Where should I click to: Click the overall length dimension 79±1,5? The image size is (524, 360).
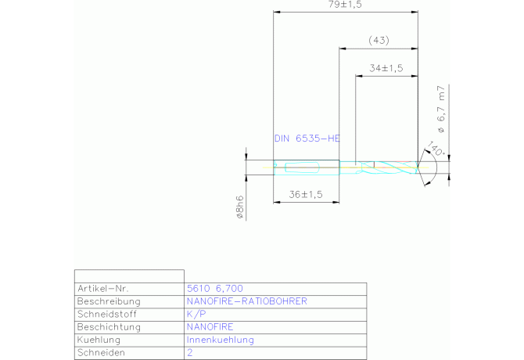(x=345, y=5)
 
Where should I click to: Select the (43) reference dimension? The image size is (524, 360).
(x=379, y=41)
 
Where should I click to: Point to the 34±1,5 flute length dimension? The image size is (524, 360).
(x=386, y=68)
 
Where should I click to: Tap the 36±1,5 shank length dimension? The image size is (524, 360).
(x=306, y=194)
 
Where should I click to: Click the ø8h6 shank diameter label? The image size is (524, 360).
(x=240, y=207)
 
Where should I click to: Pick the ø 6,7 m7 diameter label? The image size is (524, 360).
(x=441, y=109)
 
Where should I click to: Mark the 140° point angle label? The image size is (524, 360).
(x=436, y=149)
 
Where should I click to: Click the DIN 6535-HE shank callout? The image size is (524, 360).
(x=307, y=139)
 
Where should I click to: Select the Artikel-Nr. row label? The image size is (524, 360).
(x=103, y=289)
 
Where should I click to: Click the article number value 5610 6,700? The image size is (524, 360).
(x=215, y=289)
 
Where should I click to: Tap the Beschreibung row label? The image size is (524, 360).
(x=109, y=301)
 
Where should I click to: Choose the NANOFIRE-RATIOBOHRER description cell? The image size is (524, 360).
(x=246, y=301)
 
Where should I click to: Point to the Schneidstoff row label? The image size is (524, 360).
(x=107, y=314)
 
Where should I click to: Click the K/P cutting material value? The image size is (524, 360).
(x=196, y=314)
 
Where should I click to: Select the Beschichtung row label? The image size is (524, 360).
(x=109, y=326)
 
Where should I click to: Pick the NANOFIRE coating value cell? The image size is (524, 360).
(x=210, y=326)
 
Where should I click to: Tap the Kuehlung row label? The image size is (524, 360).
(x=99, y=340)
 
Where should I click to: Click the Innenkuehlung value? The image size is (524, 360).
(x=221, y=340)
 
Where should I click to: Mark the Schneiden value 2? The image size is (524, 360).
(x=190, y=352)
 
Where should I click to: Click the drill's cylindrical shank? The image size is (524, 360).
(x=307, y=167)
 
